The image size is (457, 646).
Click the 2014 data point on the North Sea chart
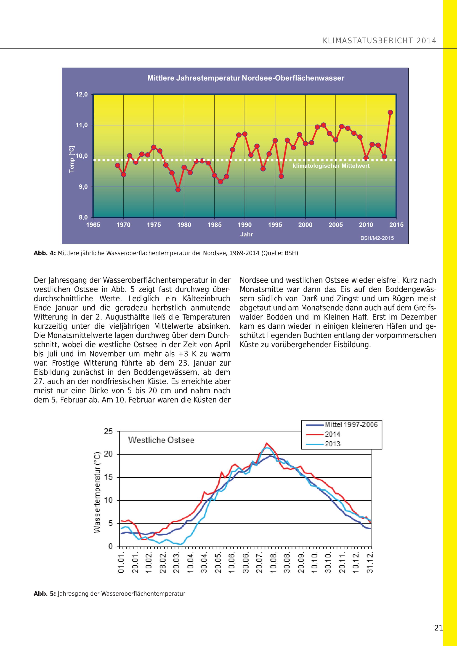[390, 112]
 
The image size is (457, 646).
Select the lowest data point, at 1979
[178, 190]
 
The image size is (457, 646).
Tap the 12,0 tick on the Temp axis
[82, 95]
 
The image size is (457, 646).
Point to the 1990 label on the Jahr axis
[244, 225]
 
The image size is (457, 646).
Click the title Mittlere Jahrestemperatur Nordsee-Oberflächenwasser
[246, 78]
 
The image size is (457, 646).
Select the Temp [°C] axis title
[72, 159]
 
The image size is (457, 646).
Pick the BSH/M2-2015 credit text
[377, 238]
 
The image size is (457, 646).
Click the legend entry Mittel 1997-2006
[351, 425]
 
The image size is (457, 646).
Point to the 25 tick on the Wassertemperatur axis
[108, 431]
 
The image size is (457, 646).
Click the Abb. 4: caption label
[45, 253]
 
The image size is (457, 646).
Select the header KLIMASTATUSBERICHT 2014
[380, 41]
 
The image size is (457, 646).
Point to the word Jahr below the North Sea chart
[247, 234]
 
